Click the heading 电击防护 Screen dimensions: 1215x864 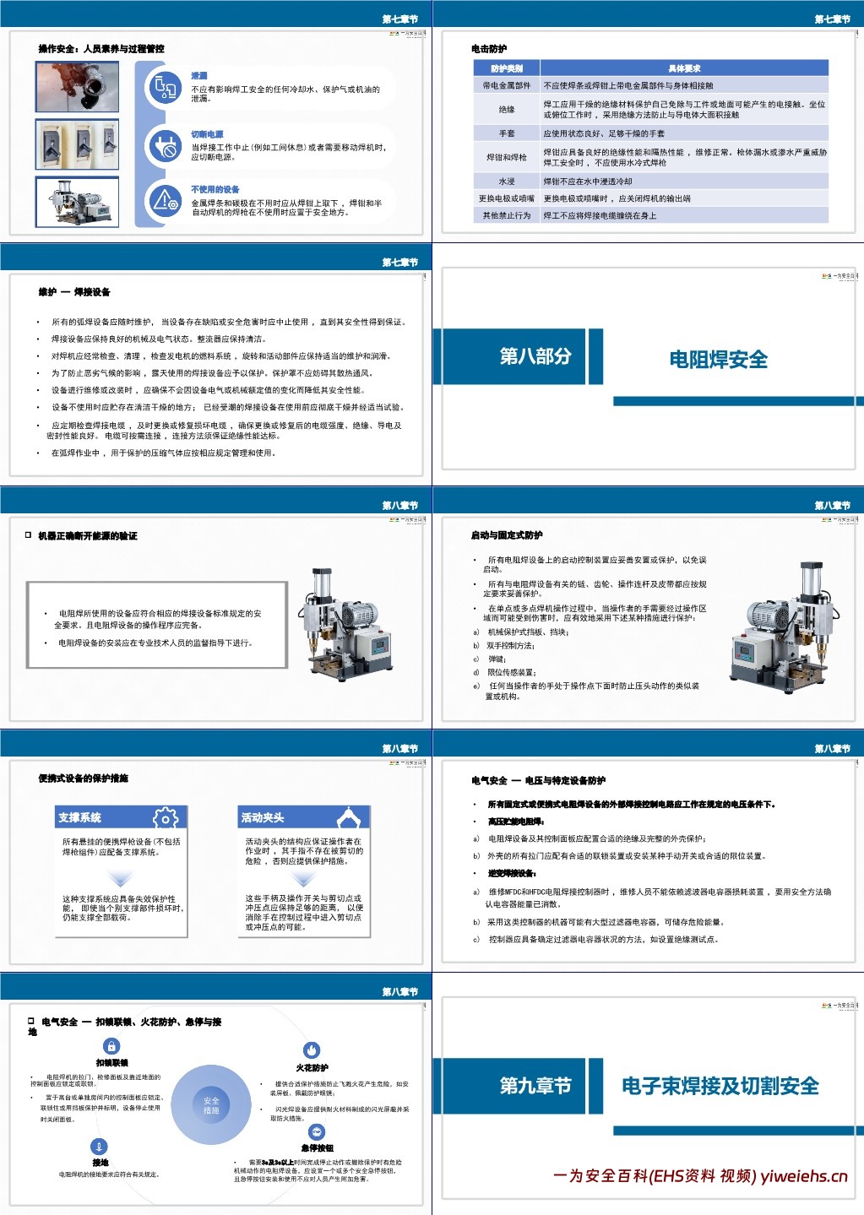tap(489, 49)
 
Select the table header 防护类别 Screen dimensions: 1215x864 tap(507, 68)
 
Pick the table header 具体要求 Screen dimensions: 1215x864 tap(684, 68)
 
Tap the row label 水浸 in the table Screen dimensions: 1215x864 tap(507, 182)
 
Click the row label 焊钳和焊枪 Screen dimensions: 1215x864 tap(507, 157)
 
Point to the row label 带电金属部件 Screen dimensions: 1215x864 tap(507, 85)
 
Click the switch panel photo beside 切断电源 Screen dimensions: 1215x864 tap(77, 144)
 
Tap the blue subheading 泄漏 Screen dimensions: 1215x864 tap(199, 76)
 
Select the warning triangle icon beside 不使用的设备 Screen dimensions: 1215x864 tap(164, 201)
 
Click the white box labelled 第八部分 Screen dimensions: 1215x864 tap(535, 356)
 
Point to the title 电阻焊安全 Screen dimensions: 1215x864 tap(718, 360)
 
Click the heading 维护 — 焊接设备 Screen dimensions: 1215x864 tap(74, 292)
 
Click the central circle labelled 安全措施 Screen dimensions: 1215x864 tap(211, 1105)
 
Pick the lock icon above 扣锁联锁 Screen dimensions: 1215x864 tap(111, 1047)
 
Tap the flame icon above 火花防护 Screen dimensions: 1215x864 tap(312, 1050)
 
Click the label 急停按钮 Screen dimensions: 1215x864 tap(317, 1148)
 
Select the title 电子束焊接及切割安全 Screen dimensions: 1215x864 tap(720, 1086)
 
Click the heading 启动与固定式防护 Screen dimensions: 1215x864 tap(507, 535)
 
